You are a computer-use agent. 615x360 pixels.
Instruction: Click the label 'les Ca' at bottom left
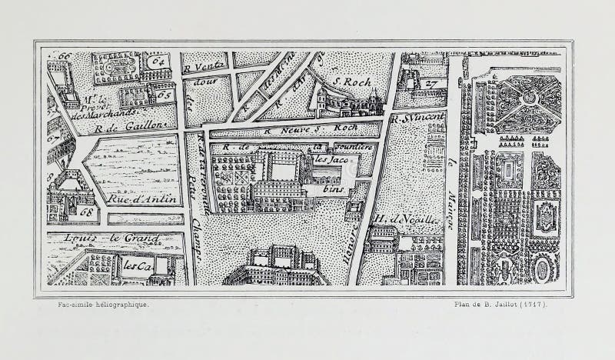[136, 265]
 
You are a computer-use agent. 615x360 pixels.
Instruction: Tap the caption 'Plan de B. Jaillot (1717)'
[500, 305]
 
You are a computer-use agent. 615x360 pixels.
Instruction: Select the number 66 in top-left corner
[64, 56]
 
